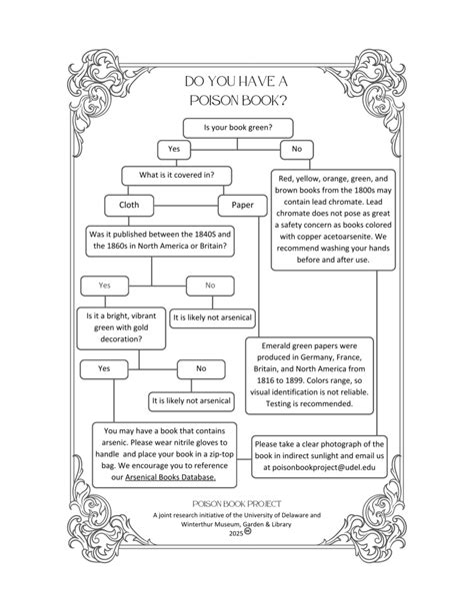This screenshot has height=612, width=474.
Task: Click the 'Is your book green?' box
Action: (x=237, y=128)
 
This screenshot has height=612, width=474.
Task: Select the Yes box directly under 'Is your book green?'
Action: (x=173, y=150)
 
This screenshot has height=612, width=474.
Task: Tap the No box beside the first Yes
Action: (x=296, y=150)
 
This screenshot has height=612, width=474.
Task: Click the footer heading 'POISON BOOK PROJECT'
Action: (x=236, y=505)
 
